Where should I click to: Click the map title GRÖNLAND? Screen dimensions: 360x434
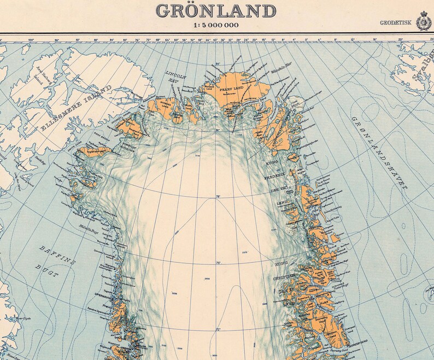(x=216, y=10)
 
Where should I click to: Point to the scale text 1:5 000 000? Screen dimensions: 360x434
(x=217, y=25)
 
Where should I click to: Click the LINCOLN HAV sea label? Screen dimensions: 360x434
(x=173, y=76)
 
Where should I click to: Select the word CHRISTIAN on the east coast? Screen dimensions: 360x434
(x=284, y=277)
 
